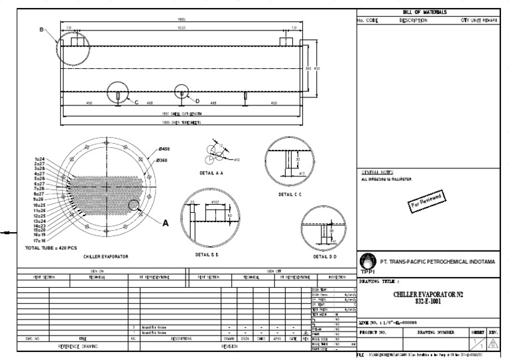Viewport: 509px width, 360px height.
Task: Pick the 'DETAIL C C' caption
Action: pyautogui.click(x=290, y=195)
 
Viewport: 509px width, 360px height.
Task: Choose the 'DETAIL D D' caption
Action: pyautogui.click(x=323, y=256)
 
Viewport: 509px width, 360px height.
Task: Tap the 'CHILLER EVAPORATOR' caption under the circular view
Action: pyautogui.click(x=105, y=256)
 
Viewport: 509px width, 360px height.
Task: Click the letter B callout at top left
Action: pyautogui.click(x=41, y=30)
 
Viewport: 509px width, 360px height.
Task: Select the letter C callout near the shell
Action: pyautogui.click(x=137, y=103)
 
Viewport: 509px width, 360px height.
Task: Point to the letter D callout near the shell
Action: pyautogui.click(x=198, y=101)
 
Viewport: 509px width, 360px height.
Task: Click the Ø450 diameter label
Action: pyautogui.click(x=164, y=149)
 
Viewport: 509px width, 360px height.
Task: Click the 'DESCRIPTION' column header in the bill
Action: pyautogui.click(x=414, y=21)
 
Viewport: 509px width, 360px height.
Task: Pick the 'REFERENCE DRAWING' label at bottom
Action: pyautogui.click(x=78, y=346)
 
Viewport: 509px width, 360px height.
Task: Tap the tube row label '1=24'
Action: pyautogui.click(x=40, y=160)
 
